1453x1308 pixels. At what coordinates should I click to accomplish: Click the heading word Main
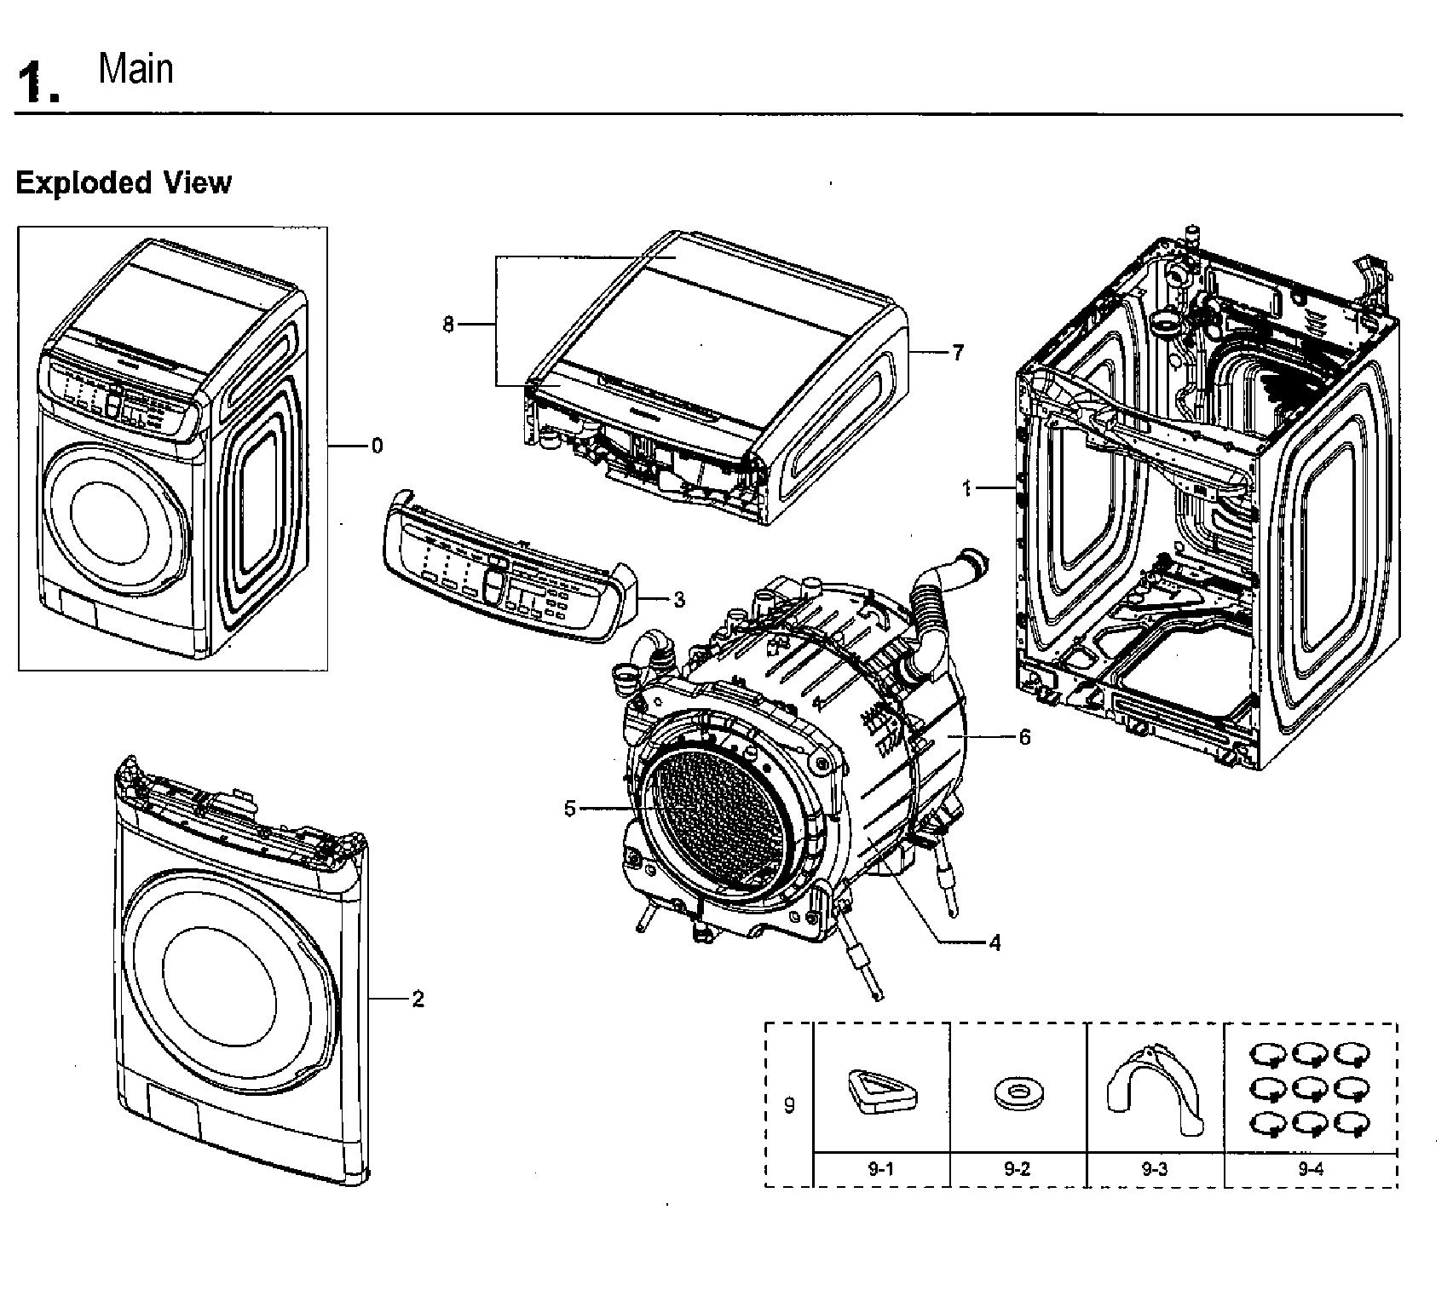135,69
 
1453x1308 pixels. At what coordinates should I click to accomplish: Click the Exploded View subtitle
124,182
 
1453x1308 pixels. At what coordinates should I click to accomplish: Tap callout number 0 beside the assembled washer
377,446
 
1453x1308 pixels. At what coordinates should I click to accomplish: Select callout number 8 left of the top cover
448,325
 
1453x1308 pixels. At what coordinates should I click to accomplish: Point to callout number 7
958,353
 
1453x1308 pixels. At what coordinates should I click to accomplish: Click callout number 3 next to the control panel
678,600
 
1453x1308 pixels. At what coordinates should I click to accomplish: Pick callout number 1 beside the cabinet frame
966,488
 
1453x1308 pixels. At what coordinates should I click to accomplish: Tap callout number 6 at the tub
1024,736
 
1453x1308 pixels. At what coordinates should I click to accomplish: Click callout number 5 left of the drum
570,809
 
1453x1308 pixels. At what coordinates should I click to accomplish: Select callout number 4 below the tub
995,942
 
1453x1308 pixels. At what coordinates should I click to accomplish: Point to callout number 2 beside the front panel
418,999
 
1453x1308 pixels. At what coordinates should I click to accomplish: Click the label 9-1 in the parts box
880,1169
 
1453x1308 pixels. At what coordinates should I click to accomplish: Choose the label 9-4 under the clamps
1310,1169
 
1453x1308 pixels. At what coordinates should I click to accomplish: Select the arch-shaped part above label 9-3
1155,1086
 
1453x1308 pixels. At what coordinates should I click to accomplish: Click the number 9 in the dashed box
789,1105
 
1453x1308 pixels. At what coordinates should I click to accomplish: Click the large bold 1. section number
38,84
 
